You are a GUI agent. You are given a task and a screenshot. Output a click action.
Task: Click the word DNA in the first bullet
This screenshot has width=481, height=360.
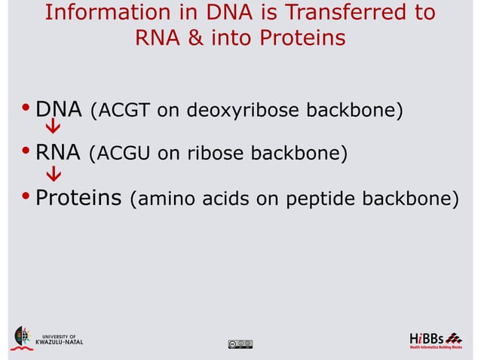click(x=58, y=111)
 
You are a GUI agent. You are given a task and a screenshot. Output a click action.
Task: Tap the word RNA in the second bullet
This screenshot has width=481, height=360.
click(x=58, y=154)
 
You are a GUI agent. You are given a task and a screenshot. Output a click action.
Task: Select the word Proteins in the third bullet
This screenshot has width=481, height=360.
click(x=79, y=199)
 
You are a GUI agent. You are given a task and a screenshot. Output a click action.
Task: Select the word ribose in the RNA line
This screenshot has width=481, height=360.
click(x=216, y=155)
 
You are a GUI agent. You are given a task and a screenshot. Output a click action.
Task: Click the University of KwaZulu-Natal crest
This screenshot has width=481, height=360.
click(x=23, y=337)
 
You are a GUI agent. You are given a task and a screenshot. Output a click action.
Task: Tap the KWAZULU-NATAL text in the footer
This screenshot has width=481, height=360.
click(x=60, y=342)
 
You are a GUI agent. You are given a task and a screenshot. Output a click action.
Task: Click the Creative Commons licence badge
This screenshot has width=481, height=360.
click(x=240, y=344)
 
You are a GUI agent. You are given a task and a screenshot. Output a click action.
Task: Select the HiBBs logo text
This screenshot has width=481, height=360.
click(x=427, y=336)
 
